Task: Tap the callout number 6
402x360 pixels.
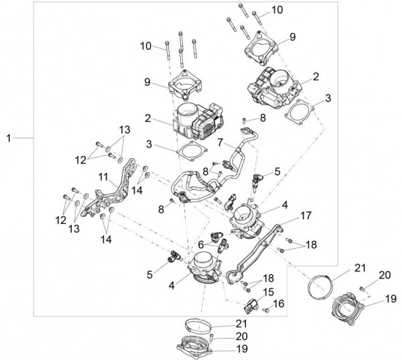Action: [x=200, y=245]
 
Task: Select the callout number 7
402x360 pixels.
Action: [x=219, y=141]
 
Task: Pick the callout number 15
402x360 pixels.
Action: [x=269, y=292]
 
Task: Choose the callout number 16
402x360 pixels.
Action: [x=279, y=304]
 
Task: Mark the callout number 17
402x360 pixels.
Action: [x=306, y=216]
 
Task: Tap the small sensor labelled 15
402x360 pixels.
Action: [x=250, y=306]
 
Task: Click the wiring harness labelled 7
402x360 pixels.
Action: [x=201, y=178]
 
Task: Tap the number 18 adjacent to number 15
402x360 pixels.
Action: [x=268, y=278]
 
